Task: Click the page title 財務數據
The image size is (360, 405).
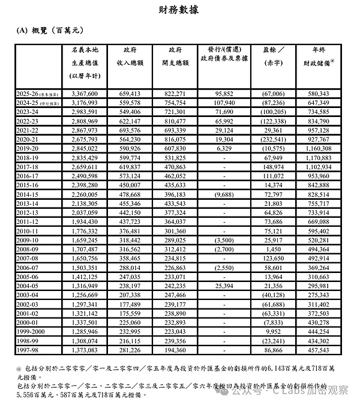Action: click(179, 10)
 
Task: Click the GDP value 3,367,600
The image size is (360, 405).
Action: click(88, 94)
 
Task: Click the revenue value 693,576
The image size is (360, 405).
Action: click(130, 130)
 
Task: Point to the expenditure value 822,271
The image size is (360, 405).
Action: click(176, 94)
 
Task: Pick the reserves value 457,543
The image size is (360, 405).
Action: click(324, 349)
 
